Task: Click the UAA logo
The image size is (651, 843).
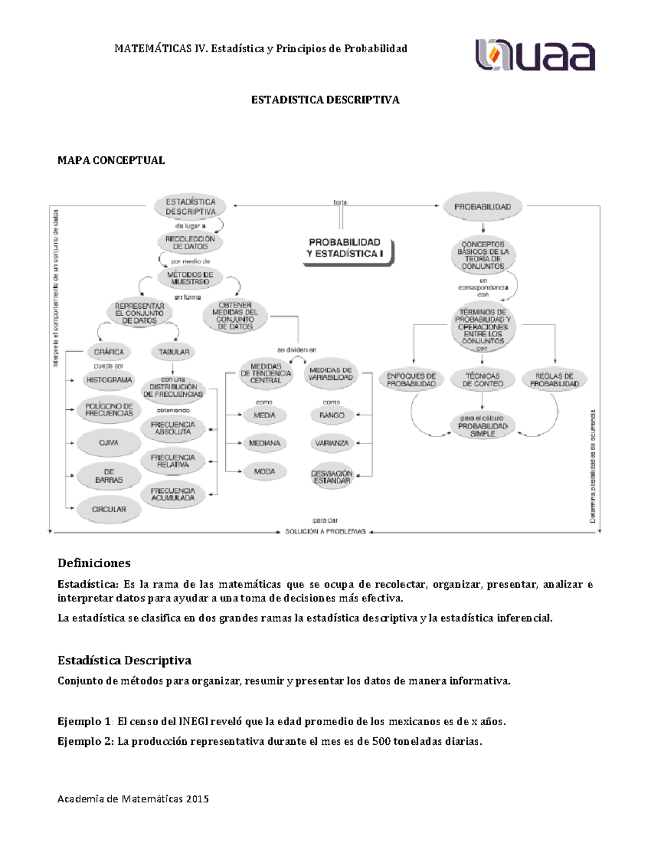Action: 535,55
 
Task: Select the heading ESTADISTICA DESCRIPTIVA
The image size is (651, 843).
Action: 325,100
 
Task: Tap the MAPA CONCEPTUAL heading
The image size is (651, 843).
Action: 111,160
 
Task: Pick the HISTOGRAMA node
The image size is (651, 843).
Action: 108,380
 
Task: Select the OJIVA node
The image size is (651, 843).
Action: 108,443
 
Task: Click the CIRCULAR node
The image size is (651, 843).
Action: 108,509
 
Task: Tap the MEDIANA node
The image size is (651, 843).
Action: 265,443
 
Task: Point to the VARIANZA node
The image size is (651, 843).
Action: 331,443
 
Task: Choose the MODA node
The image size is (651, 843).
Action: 265,472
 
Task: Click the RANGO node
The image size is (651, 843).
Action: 331,415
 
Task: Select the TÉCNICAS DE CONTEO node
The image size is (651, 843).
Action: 482,379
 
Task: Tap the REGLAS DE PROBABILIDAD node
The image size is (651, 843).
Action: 554,379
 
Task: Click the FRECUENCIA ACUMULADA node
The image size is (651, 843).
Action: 173,494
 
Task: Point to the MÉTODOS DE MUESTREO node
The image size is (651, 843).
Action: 190,278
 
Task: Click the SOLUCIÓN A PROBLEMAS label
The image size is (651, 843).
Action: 325,531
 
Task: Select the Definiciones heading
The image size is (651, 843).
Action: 94,563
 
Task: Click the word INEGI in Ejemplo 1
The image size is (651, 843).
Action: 193,721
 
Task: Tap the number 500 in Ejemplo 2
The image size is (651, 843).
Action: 381,741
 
